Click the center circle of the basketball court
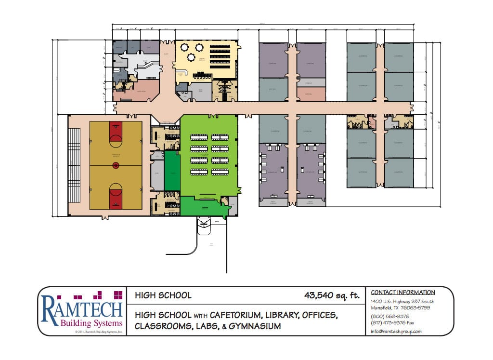[x=116, y=165]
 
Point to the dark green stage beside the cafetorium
[x=172, y=171]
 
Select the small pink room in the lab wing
[x=311, y=94]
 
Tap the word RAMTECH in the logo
[x=82, y=309]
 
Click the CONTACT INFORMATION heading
[x=403, y=293]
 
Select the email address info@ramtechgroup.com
[x=396, y=332]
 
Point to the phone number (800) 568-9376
[x=390, y=316]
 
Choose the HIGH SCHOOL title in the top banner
[x=163, y=295]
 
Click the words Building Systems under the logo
[x=82, y=323]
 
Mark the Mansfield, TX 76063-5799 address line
[x=401, y=307]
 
